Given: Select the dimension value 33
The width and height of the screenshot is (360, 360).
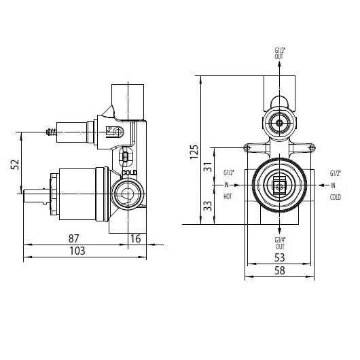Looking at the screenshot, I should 207,205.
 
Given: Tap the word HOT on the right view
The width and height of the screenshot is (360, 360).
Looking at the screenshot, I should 228,196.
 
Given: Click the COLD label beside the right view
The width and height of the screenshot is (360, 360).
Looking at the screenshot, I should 334,196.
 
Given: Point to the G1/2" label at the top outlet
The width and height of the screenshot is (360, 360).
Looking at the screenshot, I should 279,53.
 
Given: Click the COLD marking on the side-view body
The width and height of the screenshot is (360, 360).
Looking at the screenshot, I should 130,173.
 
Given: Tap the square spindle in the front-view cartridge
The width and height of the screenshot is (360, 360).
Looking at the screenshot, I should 278,184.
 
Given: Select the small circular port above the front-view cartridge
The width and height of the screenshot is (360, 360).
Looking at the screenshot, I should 278,123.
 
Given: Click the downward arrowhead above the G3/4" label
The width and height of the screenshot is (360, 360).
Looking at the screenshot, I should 279,230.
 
